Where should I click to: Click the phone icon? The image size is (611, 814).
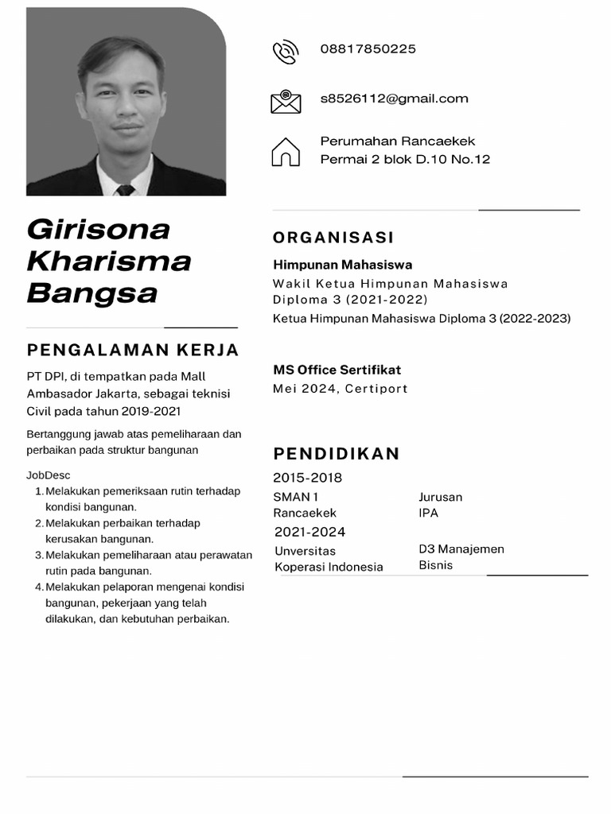[285, 52]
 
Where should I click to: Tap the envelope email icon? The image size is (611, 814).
[286, 101]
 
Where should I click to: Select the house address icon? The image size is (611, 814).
[286, 151]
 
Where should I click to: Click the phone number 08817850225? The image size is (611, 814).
[368, 49]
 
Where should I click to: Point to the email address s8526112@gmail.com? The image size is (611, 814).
[394, 99]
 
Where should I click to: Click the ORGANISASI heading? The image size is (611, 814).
[333, 238]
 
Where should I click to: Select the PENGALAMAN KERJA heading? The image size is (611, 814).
[133, 351]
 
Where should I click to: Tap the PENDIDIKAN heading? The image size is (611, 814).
[337, 454]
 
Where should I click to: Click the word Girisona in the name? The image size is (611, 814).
[99, 229]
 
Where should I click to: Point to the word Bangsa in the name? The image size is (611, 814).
[92, 293]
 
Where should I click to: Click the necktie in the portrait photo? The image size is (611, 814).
[125, 190]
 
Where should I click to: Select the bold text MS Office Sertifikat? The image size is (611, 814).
[337, 370]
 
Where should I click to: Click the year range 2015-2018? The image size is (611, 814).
[307, 478]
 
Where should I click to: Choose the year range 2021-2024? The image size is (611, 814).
[309, 532]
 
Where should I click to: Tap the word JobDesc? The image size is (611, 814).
[49, 475]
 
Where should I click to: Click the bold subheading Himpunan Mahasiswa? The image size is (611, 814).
[342, 265]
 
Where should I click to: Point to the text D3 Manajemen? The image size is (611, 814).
[461, 549]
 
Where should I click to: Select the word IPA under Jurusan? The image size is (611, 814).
[428, 513]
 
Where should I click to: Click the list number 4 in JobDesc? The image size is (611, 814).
[39, 587]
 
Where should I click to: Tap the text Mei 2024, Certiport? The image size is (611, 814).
[340, 389]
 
